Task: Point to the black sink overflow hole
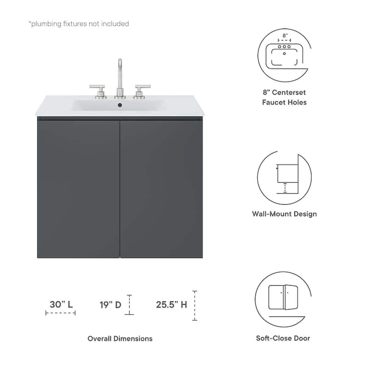coord(120,106)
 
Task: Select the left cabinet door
coord(79,189)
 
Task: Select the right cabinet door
coord(161,189)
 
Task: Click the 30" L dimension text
coord(61,304)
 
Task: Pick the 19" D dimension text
coord(110,304)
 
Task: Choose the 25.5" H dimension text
coord(172,304)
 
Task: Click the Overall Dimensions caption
coord(120,339)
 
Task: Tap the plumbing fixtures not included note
coord(79,23)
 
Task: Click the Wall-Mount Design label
coord(284,214)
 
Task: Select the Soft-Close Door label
coord(283,338)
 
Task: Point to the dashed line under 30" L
coord(60,313)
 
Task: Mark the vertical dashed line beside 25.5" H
coord(195,305)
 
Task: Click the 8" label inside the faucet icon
coord(284,35)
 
